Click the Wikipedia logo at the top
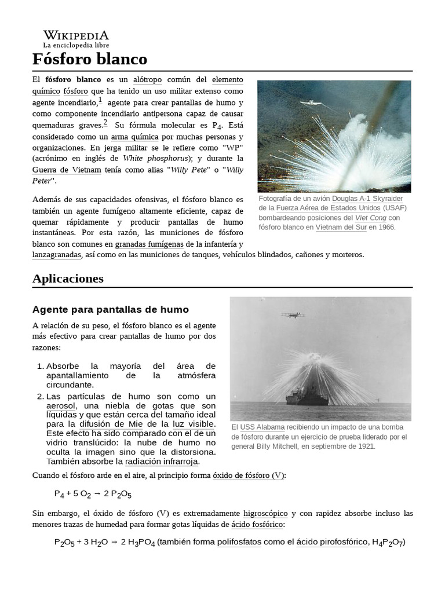(x=75, y=38)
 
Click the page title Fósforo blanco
(x=90, y=59)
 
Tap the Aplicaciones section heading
(x=68, y=279)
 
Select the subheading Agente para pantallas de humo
(x=110, y=310)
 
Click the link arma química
(x=134, y=137)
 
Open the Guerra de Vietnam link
(x=67, y=170)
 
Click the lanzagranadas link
(x=57, y=254)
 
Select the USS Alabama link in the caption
(x=262, y=427)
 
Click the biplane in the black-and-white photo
(x=293, y=314)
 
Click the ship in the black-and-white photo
(x=308, y=396)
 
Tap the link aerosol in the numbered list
(x=61, y=406)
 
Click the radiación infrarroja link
(x=162, y=462)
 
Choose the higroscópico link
(x=265, y=513)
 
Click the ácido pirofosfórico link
(x=332, y=543)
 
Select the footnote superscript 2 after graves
(x=105, y=122)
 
